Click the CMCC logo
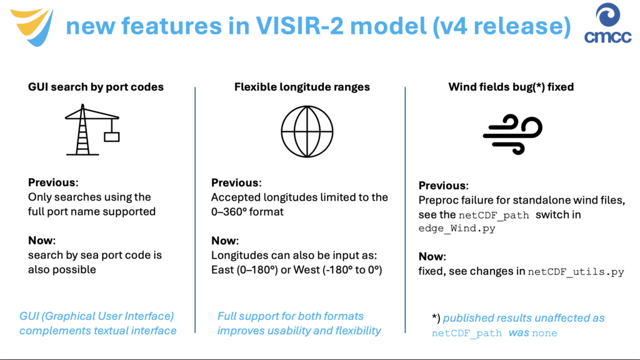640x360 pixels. tap(607, 23)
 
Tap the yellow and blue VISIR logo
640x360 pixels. tap(32, 27)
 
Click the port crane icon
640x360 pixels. tap(92, 130)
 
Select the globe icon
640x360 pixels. tap(307, 131)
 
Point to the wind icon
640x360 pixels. tap(512, 134)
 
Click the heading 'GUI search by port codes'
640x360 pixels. tap(96, 87)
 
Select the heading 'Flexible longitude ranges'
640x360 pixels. tap(302, 87)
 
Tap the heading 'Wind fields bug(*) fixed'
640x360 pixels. tap(511, 87)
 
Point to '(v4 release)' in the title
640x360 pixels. tap(502, 26)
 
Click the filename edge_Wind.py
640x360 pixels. tap(457, 229)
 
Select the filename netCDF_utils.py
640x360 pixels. tap(576, 272)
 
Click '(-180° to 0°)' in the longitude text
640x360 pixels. tap(349, 270)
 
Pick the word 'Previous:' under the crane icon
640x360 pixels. tap(53, 182)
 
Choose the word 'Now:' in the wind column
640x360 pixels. tap(432, 257)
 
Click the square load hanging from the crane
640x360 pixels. tap(111, 137)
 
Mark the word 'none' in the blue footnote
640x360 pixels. tap(544, 333)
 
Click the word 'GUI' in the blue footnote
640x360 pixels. tap(29, 316)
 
